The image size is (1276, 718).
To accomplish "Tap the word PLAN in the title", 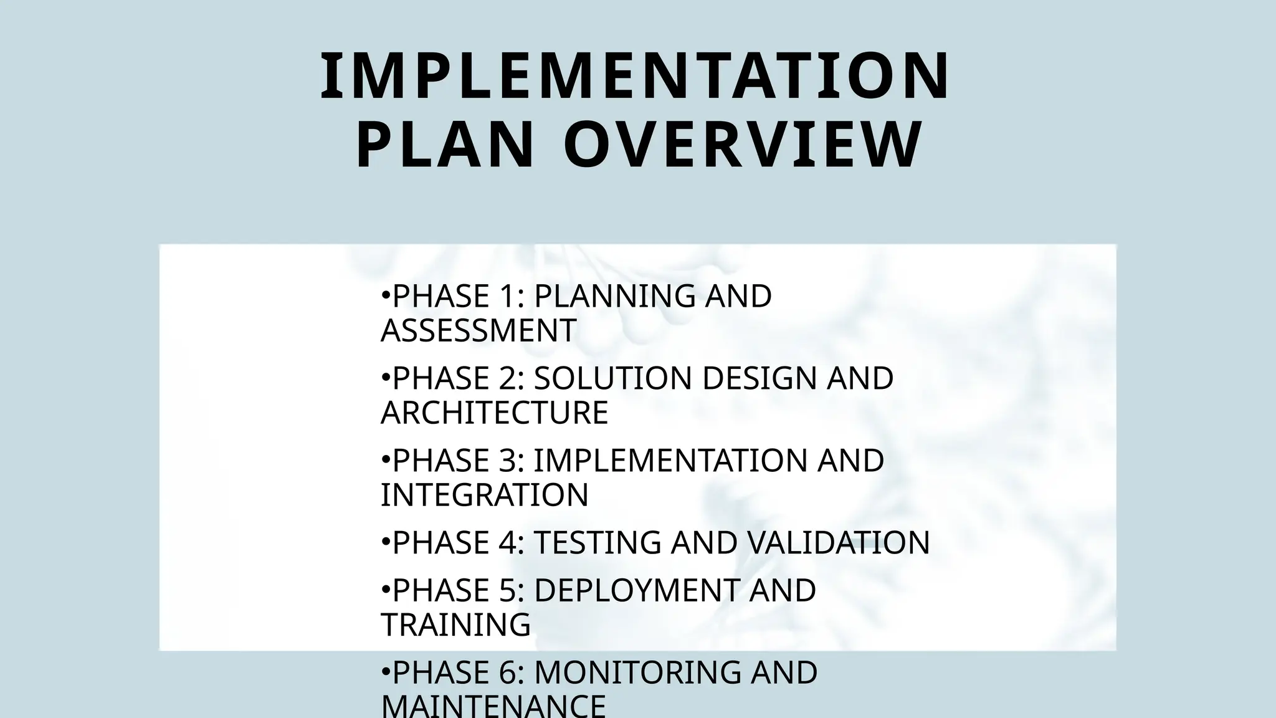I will [445, 145].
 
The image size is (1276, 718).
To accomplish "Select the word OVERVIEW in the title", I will [743, 145].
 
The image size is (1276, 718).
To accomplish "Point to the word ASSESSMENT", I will [478, 330].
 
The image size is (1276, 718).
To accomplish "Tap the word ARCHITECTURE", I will [495, 413].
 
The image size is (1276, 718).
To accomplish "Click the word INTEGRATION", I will [485, 495].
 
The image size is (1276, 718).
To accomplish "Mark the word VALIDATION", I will [838, 542].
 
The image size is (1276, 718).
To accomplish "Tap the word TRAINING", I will [456, 625].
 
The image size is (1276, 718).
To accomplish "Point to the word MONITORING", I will [637, 673].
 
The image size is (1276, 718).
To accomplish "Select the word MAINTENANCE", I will [493, 706].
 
